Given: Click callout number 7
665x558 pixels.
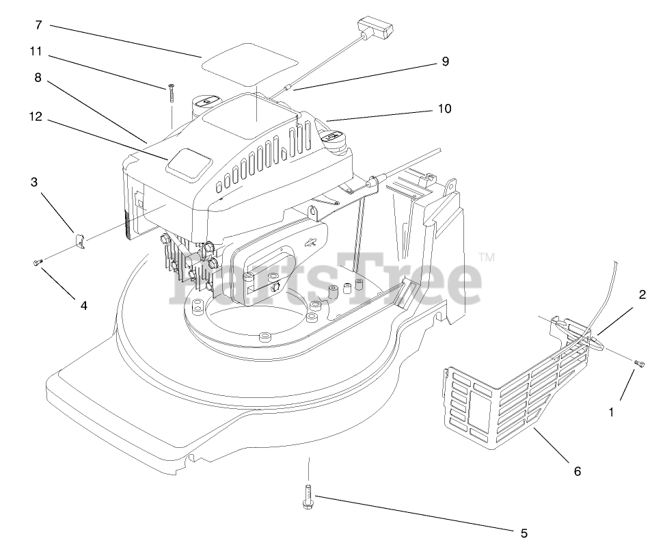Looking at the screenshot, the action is [x=38, y=25].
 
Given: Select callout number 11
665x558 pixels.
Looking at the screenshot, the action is [x=36, y=51].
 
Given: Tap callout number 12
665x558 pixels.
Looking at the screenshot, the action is [x=36, y=117].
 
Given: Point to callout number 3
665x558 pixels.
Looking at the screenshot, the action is [x=34, y=182].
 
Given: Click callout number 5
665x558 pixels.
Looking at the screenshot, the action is [x=524, y=533].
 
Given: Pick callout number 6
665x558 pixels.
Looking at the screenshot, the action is [x=578, y=471].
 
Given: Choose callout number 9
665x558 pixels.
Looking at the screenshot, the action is [x=446, y=61].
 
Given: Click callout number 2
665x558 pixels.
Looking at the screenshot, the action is [x=642, y=295].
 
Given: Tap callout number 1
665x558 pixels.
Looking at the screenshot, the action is [x=612, y=412].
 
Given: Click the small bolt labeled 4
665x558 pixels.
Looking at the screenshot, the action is [x=38, y=263].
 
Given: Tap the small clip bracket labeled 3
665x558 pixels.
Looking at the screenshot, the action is [x=80, y=242].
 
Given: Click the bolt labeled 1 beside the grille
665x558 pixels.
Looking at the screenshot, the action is [x=640, y=363].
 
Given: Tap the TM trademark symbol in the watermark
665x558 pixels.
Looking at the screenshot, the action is [x=486, y=257].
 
